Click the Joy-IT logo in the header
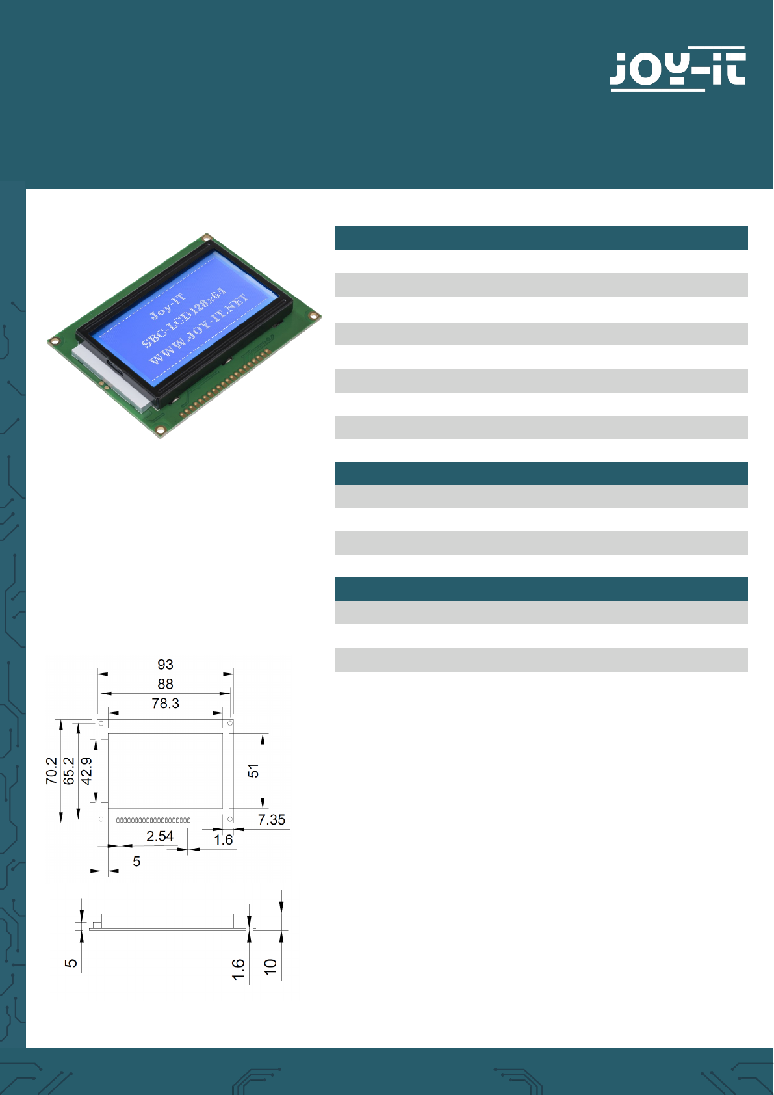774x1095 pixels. point(678,69)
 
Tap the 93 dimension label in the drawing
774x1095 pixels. point(165,665)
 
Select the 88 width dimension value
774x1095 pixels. point(165,684)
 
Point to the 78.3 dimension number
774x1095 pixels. point(165,704)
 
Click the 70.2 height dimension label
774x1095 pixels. point(51,771)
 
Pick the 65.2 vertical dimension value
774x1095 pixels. point(69,771)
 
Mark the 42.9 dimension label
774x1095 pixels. point(86,771)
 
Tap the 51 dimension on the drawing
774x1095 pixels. point(253,771)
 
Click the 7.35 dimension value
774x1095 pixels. point(271,820)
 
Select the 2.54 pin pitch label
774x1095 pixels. point(160,836)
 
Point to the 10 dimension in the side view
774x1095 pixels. point(270,966)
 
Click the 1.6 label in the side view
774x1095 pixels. point(238,970)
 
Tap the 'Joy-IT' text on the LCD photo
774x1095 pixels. point(168,306)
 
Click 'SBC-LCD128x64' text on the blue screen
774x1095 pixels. point(184,318)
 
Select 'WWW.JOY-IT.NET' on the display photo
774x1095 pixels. point(198,330)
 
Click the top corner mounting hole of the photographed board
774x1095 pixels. point(207,238)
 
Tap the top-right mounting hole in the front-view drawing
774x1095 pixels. point(229,724)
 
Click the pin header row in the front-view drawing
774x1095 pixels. point(153,820)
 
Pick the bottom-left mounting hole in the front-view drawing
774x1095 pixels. point(101,819)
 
